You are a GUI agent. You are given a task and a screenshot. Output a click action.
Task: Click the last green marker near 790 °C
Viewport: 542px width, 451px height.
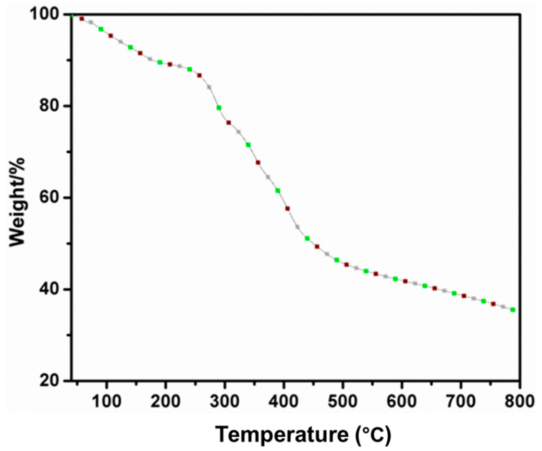point(513,309)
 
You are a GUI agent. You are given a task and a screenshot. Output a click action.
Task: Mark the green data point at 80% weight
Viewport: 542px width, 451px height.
point(219,108)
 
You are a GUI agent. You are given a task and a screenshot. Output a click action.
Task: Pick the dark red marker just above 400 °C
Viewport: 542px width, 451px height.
point(288,209)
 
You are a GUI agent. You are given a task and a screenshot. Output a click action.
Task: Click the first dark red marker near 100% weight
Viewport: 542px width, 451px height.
point(82,19)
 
